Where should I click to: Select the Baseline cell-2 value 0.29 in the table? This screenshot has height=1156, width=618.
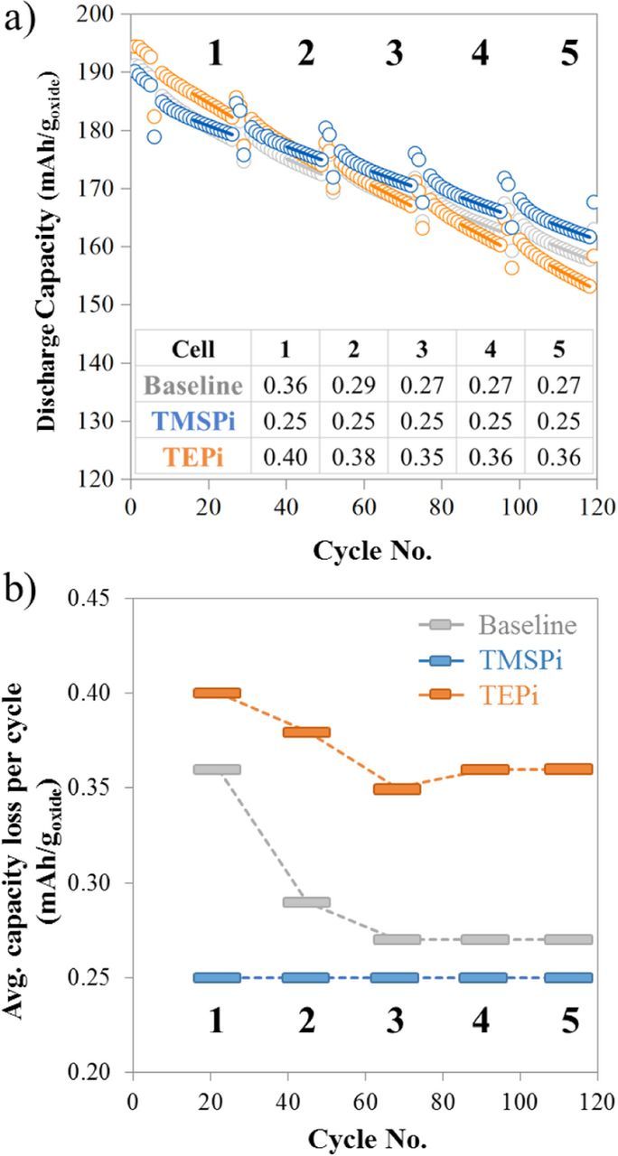tap(353, 387)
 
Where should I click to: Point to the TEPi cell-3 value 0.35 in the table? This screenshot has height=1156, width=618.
tap(421, 457)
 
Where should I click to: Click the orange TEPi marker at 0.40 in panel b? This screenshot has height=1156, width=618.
tap(217, 693)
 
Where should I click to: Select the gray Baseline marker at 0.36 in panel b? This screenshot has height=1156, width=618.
tap(217, 769)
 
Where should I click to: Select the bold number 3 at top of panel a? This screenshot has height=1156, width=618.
tap(394, 54)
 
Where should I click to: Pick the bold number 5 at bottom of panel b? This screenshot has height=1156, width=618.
tap(568, 1021)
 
